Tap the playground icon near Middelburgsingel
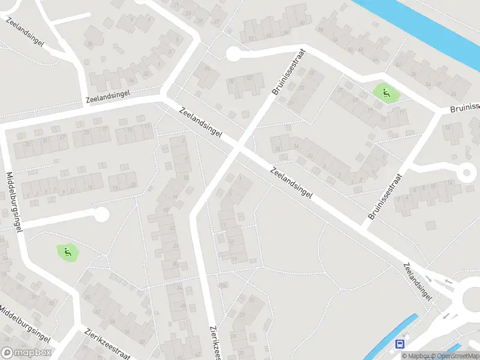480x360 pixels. coord(68,252)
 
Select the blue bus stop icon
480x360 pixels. coord(400,344)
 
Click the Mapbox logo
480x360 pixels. coord(26,353)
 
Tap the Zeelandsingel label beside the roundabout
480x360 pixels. coord(418,281)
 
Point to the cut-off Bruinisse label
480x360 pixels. coord(465,109)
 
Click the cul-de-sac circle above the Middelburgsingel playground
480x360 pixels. coord(101,213)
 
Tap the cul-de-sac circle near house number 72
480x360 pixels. coord(233,54)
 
